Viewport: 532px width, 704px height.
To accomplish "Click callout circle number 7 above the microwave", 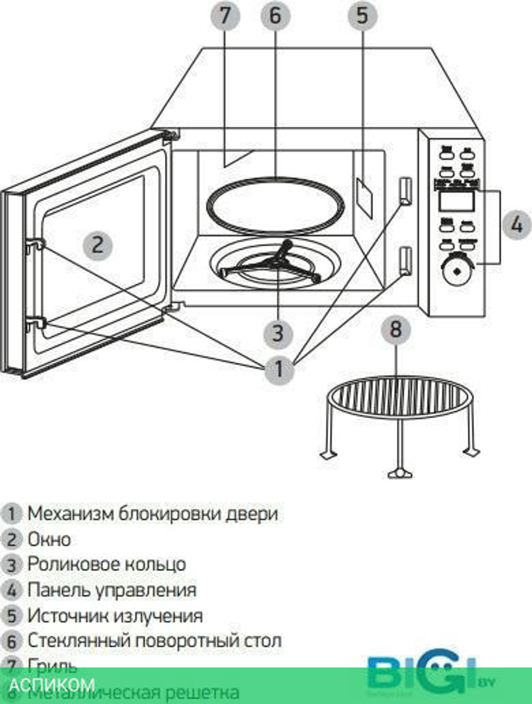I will [226, 15].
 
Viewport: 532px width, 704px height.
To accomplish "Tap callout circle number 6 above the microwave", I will [275, 15].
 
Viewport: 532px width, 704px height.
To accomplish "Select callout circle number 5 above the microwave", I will [362, 15].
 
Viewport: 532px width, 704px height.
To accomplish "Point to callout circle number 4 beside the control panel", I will [516, 225].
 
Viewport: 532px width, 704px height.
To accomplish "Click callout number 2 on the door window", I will [97, 245].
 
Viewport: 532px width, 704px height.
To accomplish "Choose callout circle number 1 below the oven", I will [279, 368].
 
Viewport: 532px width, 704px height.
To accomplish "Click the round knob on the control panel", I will [456, 270].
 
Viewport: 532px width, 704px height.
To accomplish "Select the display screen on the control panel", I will [456, 201].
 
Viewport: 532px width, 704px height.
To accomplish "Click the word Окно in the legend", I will [49, 539].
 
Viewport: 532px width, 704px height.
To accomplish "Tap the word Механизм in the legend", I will [70, 513].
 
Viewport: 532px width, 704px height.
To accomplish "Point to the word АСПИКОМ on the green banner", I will [52, 684].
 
